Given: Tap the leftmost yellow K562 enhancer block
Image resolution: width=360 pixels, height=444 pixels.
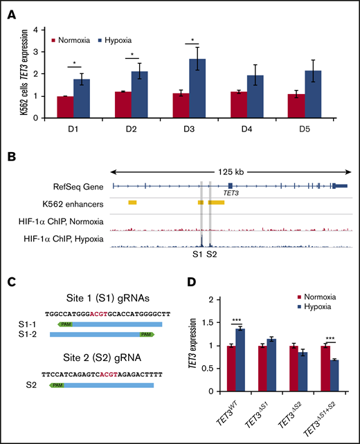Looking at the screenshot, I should (x=132, y=202).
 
